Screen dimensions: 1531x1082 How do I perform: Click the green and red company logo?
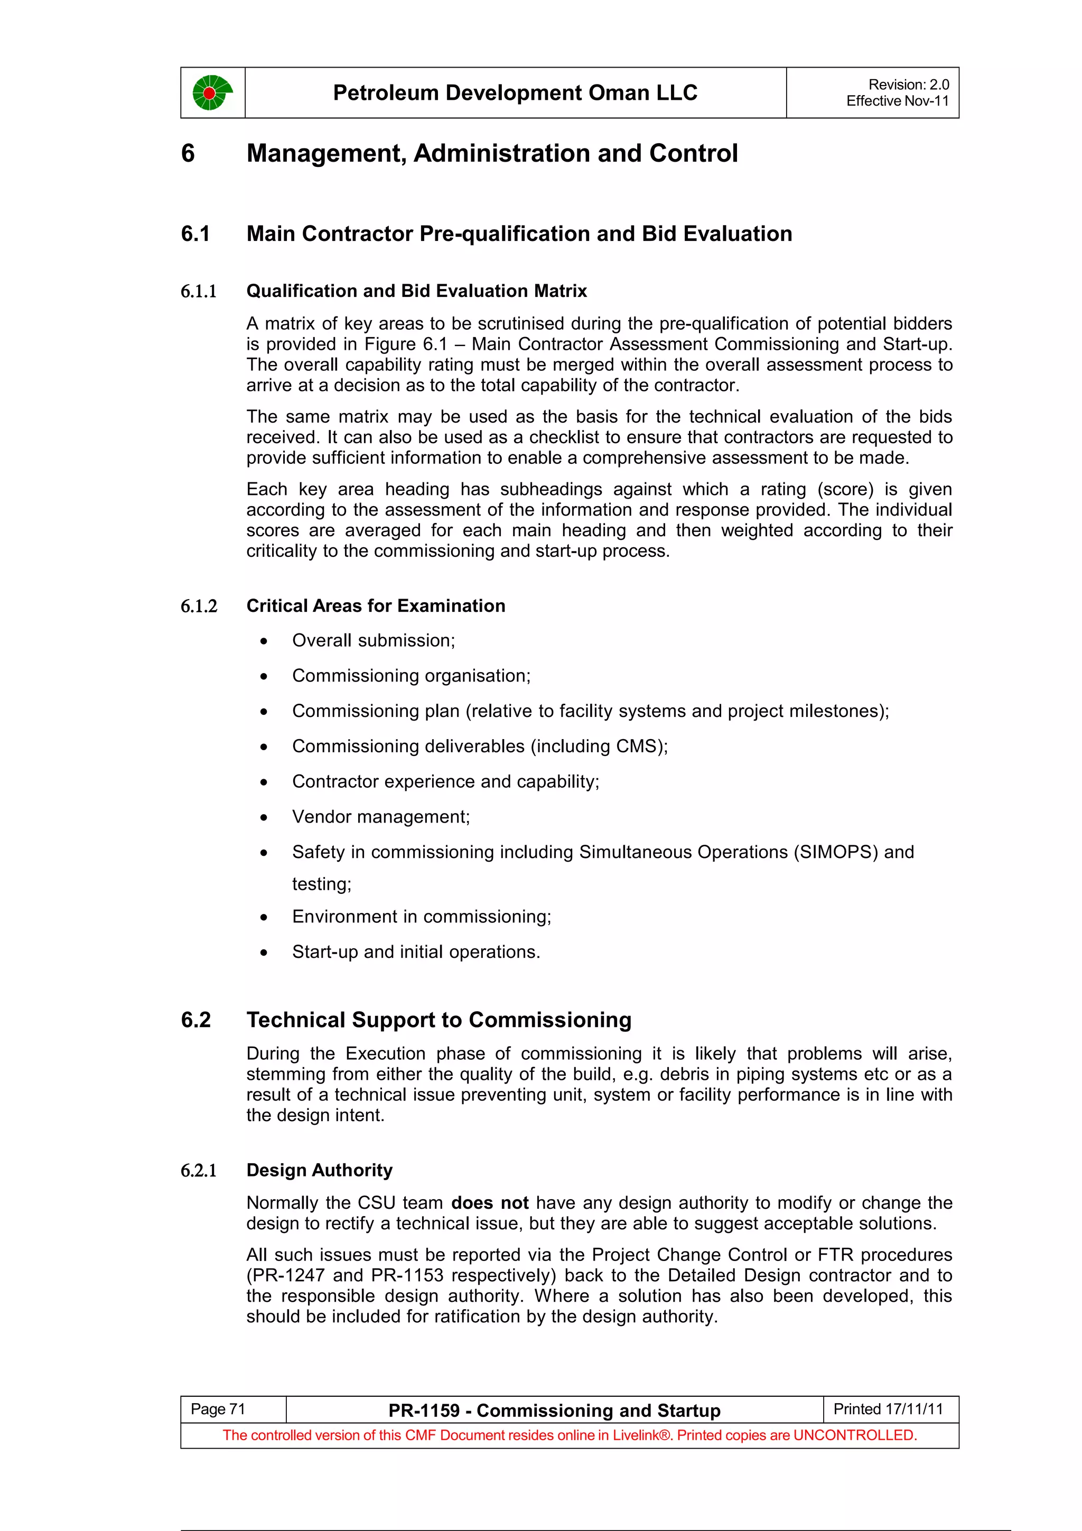(212, 92)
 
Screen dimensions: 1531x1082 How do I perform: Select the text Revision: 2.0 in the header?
(908, 85)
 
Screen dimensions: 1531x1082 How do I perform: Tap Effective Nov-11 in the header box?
(897, 101)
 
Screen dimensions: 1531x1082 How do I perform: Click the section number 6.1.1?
(199, 292)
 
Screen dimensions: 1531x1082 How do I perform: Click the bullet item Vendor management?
(381, 817)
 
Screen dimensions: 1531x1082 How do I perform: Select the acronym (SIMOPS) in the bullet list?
(835, 852)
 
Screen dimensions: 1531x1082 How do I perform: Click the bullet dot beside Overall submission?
(264, 641)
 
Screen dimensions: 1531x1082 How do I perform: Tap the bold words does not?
(489, 1203)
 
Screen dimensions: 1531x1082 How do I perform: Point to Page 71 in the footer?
(218, 1409)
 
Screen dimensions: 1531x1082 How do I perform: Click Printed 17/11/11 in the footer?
(888, 1409)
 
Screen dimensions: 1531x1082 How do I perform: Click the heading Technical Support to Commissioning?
(439, 1020)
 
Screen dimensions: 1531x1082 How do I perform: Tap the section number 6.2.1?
(199, 1171)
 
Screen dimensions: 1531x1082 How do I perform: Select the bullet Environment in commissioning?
(421, 917)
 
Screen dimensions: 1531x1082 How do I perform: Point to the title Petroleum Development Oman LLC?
(515, 92)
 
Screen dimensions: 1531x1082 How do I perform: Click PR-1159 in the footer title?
(424, 1411)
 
